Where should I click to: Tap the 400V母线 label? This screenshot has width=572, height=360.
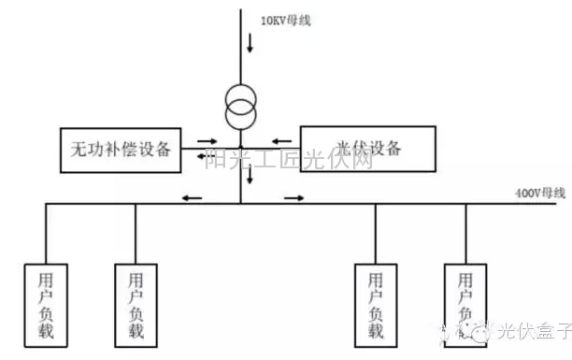click(x=540, y=193)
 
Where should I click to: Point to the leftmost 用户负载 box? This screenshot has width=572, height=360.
click(x=47, y=304)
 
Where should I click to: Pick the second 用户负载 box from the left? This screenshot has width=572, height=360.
click(x=136, y=304)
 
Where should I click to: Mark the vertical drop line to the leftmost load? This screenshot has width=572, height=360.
click(x=47, y=234)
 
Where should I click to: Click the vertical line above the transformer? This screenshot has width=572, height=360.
click(x=240, y=47)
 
